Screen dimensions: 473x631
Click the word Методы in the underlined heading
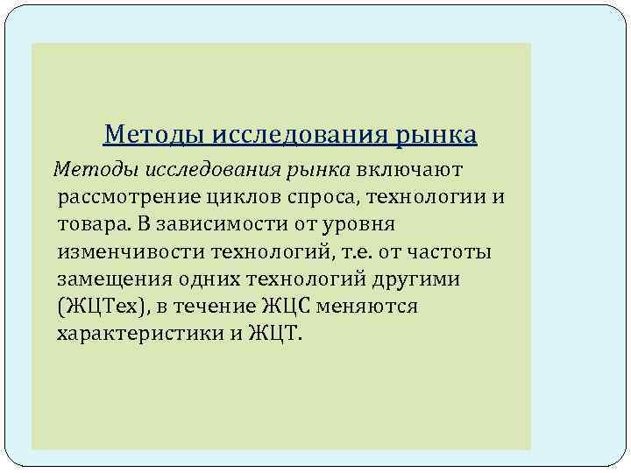[145, 135]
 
